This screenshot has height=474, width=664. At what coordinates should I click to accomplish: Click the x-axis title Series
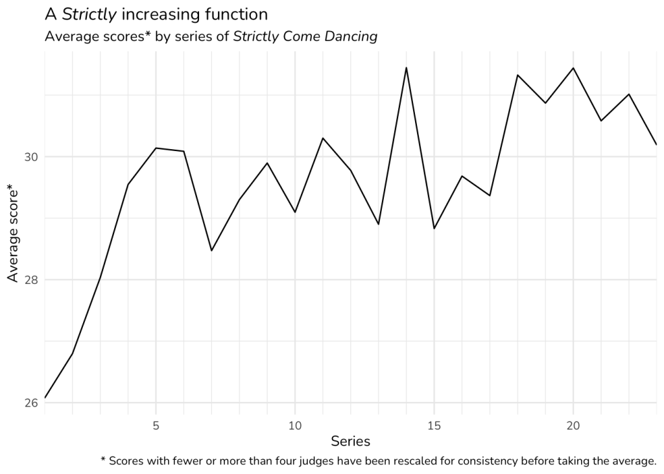(x=350, y=442)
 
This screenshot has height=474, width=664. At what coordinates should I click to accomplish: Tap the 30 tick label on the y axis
(x=30, y=157)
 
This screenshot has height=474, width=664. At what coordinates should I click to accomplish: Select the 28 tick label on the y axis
(x=30, y=280)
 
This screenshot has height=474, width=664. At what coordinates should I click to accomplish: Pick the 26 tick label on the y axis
(x=30, y=403)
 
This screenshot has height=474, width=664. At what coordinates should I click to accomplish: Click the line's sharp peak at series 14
(x=407, y=67)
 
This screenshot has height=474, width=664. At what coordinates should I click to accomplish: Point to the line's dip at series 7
(x=211, y=250)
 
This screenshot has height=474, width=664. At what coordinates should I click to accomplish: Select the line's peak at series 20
(x=573, y=68)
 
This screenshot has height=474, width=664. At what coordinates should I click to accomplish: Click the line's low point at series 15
(x=434, y=228)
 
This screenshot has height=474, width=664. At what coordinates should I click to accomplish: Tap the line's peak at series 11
(x=323, y=138)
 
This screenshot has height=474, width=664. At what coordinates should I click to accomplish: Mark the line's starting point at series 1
(x=45, y=397)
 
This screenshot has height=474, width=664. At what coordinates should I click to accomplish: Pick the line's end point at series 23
(x=656, y=145)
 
